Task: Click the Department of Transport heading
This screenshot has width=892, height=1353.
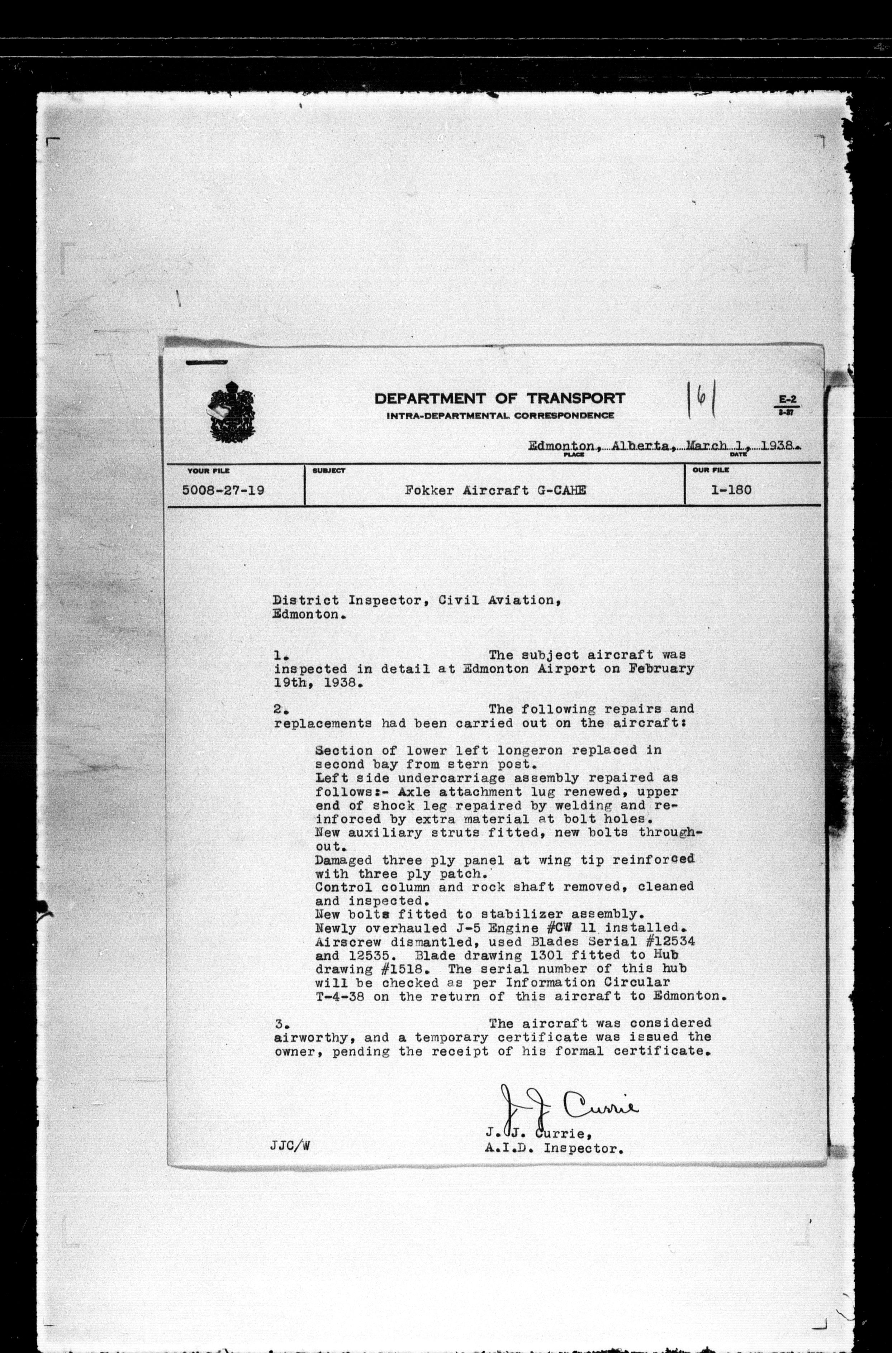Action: (x=499, y=398)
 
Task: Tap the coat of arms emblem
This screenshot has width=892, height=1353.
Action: (x=232, y=412)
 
